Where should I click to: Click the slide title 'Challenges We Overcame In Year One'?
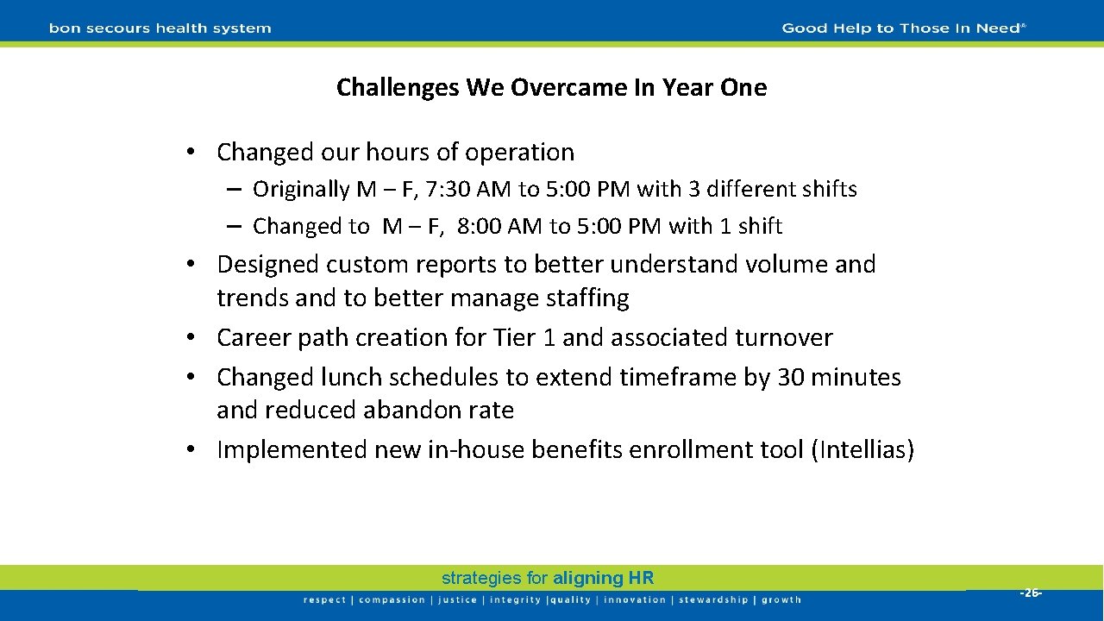pos(551,88)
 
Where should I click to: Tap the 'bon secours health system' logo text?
pos(160,28)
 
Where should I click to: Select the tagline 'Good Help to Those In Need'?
pos(903,28)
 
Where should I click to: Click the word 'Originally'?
pos(302,190)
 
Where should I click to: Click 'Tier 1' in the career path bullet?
pos(524,337)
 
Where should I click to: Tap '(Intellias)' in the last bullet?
pos(862,450)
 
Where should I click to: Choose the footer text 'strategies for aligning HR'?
pos(548,579)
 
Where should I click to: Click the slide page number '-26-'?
pos(1031,593)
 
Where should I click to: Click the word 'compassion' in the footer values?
pos(392,600)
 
